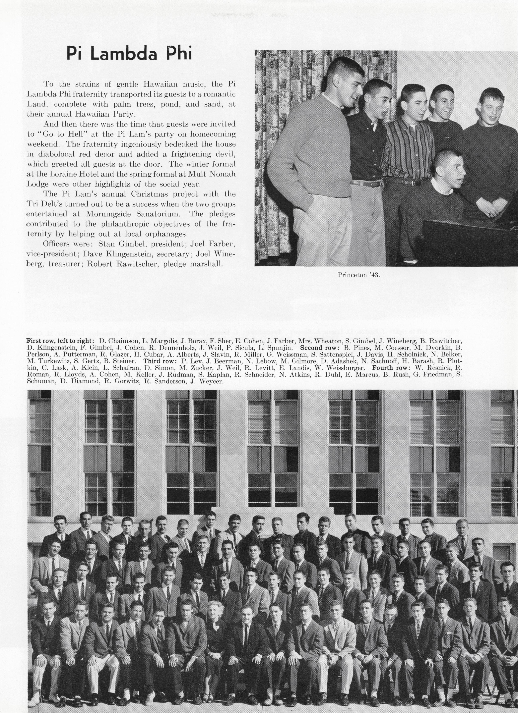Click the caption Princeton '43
tap(359, 275)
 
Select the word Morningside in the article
tap(107, 214)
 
